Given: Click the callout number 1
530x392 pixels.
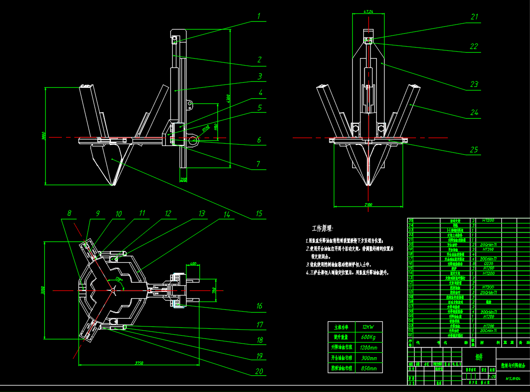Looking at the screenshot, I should click(x=259, y=16).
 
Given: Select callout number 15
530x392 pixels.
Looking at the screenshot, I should click(x=259, y=213).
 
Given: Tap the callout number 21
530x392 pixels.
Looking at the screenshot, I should click(x=475, y=17).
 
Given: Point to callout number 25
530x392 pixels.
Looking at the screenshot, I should click(x=474, y=150).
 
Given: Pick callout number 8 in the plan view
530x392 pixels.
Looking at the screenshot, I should click(x=69, y=213).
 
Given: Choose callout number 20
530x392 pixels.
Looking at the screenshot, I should click(x=259, y=371).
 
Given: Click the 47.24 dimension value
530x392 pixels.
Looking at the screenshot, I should click(x=368, y=11).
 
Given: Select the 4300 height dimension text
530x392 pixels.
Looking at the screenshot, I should click(x=228, y=99).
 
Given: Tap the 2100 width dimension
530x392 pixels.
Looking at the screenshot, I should click(x=368, y=204).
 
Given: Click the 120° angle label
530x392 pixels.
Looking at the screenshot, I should click(x=119, y=280).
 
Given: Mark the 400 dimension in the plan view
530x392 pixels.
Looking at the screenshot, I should click(x=193, y=264).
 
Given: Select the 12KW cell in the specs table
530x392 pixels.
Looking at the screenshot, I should click(x=367, y=326).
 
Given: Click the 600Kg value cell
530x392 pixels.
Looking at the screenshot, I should click(x=367, y=337).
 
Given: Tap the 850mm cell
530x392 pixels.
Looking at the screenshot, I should click(x=367, y=368).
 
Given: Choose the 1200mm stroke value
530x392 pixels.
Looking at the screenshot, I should click(x=367, y=347).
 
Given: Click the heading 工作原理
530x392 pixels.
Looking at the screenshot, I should click(x=322, y=229).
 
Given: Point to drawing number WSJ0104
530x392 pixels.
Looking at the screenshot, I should click(x=513, y=379).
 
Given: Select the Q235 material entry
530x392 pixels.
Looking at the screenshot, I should click(x=488, y=264).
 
